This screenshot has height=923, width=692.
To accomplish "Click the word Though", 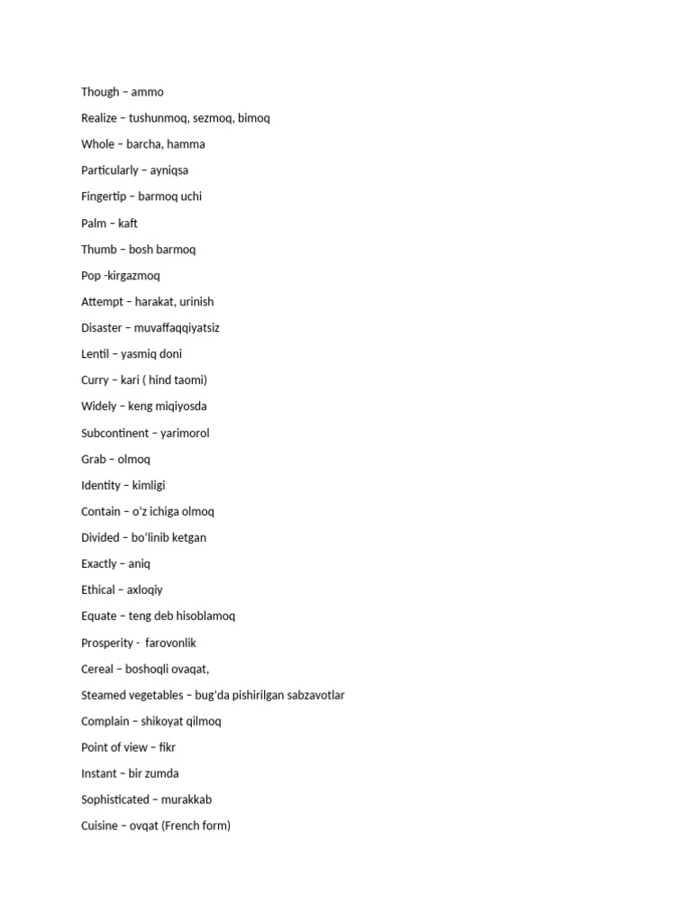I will tap(100, 92).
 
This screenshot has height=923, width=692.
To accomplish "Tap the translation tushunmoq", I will tap(159, 118).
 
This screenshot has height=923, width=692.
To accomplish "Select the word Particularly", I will tap(110, 170).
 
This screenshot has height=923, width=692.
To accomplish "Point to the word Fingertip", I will tap(105, 196).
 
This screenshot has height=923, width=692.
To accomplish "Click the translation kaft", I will tap(128, 224).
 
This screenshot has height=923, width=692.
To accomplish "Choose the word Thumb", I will tap(99, 250).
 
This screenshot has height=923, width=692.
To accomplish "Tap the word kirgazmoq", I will tap(132, 276).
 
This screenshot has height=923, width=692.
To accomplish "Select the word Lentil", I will tap(96, 354).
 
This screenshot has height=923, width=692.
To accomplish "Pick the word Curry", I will tap(96, 380).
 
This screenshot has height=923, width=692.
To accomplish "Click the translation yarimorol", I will tap(185, 434).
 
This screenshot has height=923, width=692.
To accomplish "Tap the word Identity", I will tap(101, 486).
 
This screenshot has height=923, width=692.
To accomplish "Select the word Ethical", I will tap(98, 590).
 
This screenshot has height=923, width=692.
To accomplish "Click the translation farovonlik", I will tap(170, 644).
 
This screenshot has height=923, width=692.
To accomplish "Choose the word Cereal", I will tap(97, 669).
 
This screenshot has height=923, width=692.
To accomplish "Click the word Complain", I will tap(105, 721).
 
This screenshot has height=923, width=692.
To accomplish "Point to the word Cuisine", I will tap(100, 826).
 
